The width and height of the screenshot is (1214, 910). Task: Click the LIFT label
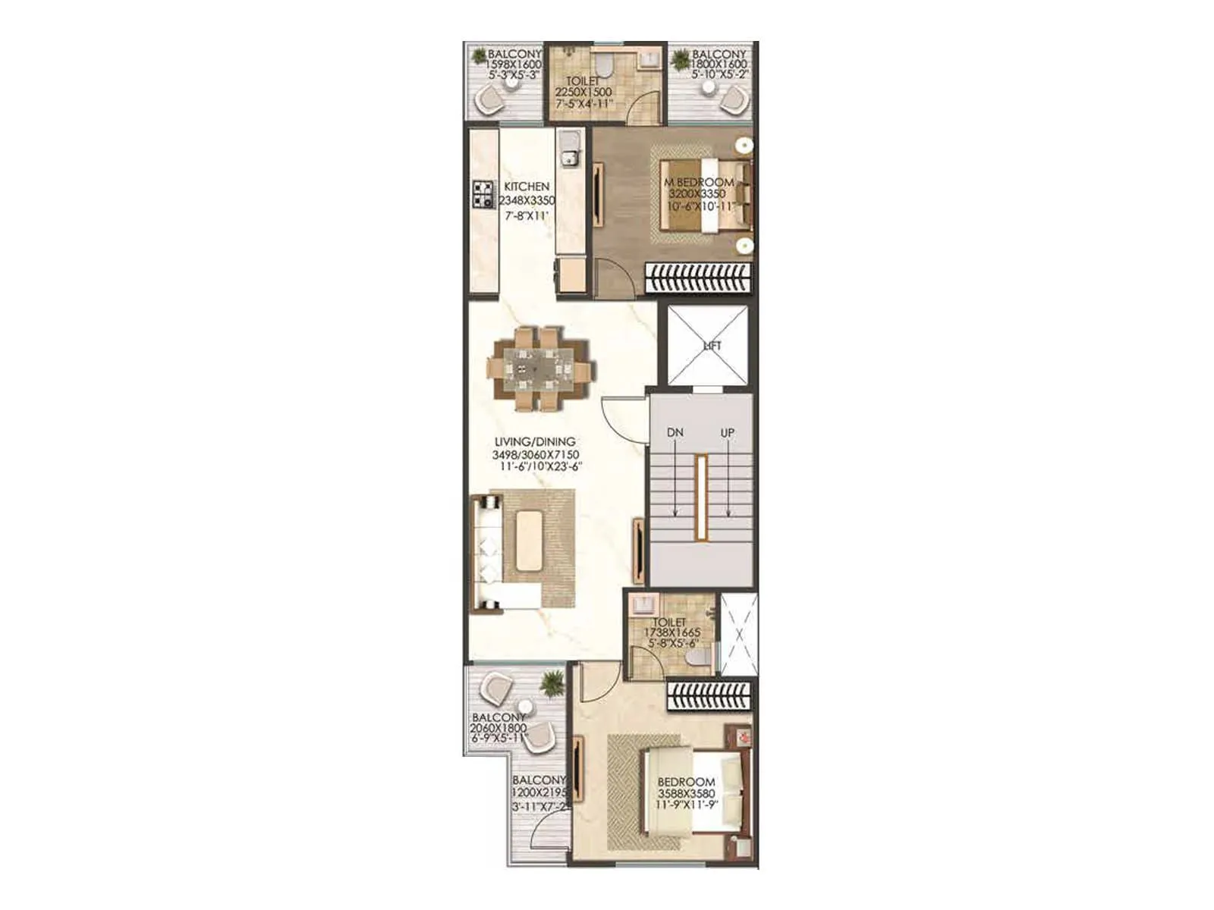point(712,346)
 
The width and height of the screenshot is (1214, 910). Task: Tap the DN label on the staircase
point(675,432)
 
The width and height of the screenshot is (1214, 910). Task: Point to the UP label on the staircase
point(728,432)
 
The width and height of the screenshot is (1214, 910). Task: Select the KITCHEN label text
point(527,187)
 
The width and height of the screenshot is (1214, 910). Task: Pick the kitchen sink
point(568,157)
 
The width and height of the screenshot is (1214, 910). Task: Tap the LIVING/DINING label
point(535,441)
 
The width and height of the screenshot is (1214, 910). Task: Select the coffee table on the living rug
point(529,541)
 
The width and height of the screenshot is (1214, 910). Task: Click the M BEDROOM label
point(700,183)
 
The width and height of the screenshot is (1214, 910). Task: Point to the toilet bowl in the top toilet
point(605,61)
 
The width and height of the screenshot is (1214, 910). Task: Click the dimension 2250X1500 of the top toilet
point(588,92)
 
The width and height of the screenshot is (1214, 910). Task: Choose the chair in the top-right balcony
point(734,97)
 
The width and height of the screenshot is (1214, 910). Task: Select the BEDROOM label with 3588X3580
point(686,782)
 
